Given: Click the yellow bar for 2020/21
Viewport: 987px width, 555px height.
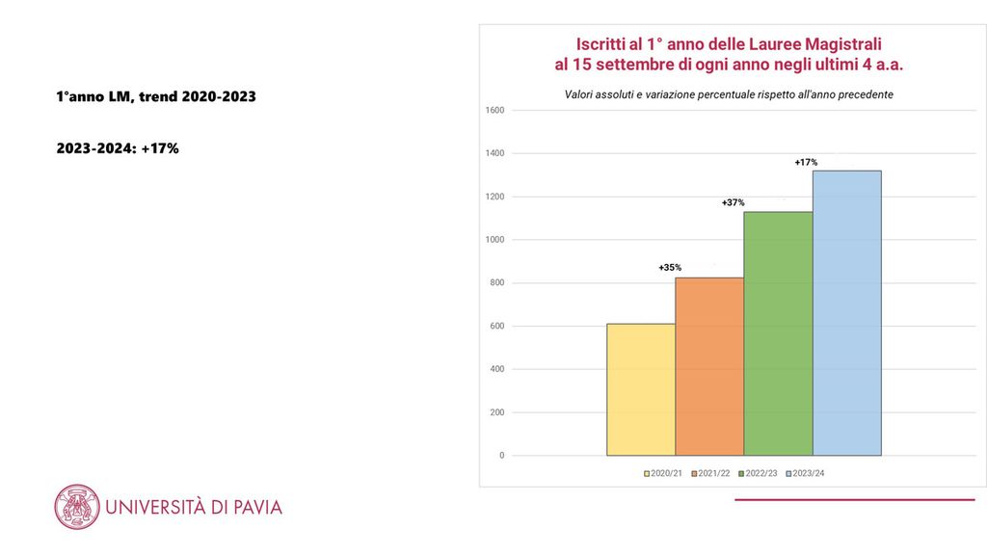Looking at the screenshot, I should tap(640, 389).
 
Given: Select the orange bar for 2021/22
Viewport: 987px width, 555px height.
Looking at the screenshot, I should tap(709, 366).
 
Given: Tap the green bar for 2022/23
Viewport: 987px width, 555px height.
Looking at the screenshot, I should tap(778, 333).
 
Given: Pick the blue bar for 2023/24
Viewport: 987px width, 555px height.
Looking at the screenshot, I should tap(846, 312).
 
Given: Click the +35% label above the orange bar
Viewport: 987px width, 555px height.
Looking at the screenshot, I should tap(670, 267).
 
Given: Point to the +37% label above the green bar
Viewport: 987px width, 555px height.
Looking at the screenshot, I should tap(734, 202).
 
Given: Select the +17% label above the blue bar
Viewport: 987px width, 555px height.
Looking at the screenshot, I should tap(806, 162).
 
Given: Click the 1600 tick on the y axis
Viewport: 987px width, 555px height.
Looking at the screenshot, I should tap(494, 110).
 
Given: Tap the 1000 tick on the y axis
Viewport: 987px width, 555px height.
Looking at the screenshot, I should tap(494, 240).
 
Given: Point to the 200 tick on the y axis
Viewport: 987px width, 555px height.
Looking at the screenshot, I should tap(496, 412).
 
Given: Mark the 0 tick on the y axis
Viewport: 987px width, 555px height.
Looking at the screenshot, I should tap(501, 456).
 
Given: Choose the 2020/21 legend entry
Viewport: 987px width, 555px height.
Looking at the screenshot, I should tap(664, 473).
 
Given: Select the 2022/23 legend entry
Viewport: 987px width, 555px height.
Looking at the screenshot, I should tap(759, 473).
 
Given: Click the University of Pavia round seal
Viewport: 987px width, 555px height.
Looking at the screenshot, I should tap(77, 507).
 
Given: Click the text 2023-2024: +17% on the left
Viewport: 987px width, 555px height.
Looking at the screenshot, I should tap(118, 148).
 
